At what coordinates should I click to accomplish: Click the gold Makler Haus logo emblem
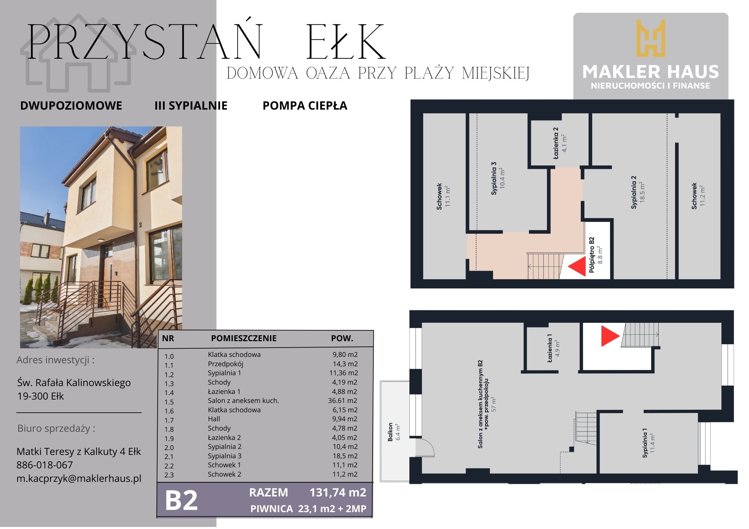(x=651, y=38)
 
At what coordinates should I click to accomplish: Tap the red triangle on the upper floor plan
(x=577, y=266)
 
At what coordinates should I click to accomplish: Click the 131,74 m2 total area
(x=338, y=492)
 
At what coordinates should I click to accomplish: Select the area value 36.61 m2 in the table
(x=343, y=401)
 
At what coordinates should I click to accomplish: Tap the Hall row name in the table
(x=214, y=419)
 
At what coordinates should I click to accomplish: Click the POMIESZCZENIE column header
(x=244, y=338)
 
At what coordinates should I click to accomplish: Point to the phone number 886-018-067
(x=45, y=465)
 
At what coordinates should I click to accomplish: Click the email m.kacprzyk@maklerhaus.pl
(x=79, y=478)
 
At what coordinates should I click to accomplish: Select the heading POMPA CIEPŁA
(x=305, y=106)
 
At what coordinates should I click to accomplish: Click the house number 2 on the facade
(x=140, y=225)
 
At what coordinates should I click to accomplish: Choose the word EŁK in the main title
(x=346, y=42)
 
